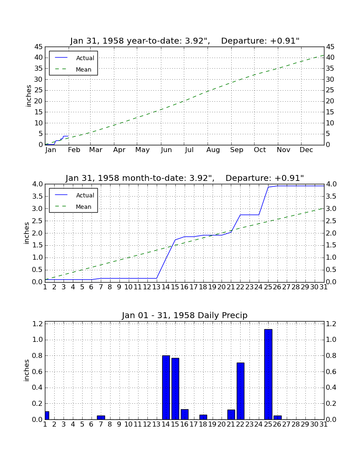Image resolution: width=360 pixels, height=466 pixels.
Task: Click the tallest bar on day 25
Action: [x=268, y=374]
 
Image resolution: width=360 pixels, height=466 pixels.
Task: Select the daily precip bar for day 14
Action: [x=166, y=388]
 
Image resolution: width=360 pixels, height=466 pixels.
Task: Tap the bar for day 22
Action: [x=240, y=391]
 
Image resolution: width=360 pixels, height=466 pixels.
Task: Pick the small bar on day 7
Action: [x=101, y=418]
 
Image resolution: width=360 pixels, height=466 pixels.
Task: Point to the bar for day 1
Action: [x=47, y=416]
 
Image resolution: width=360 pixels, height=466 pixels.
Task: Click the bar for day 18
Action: [x=203, y=417]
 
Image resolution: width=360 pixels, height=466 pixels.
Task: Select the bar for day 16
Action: [x=185, y=414]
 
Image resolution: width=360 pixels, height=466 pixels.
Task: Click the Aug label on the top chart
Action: [x=213, y=150]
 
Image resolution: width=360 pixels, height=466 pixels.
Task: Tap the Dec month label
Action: [x=306, y=150]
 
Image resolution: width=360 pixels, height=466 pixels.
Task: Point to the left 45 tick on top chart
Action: [x=39, y=47]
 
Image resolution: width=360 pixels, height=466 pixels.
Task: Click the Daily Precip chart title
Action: [x=185, y=315]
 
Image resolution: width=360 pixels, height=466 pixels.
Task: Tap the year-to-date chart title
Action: [x=185, y=40]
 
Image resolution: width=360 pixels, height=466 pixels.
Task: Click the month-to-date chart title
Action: [x=185, y=178]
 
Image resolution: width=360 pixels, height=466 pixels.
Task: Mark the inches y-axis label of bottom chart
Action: [x=26, y=370]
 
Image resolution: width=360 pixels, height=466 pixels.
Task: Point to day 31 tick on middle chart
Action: [x=324, y=287]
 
